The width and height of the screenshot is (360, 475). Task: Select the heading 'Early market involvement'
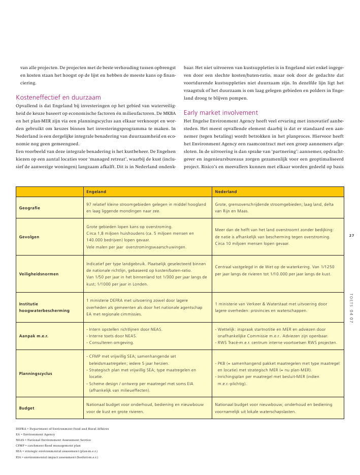(221, 112)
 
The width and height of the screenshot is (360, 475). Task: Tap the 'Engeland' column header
(96, 192)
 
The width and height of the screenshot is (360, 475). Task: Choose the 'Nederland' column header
(226, 192)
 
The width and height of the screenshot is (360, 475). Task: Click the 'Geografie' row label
(29, 208)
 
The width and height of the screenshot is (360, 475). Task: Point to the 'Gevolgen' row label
(29, 237)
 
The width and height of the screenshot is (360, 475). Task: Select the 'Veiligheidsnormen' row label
(39, 274)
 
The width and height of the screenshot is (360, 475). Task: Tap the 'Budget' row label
(26, 408)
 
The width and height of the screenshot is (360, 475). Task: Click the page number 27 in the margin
(351, 235)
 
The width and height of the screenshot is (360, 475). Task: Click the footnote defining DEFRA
(62, 429)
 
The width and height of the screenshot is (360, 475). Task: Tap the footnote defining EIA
(57, 457)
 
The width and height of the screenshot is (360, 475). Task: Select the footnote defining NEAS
(53, 440)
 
